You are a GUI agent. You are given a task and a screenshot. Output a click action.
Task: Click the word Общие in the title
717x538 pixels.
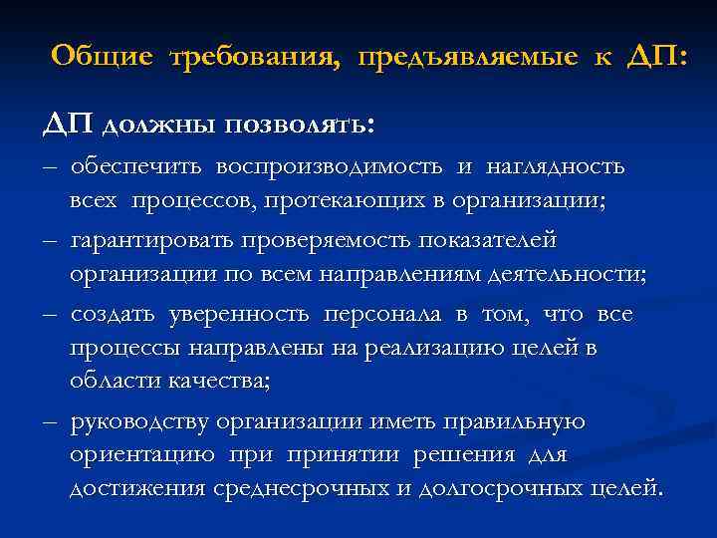click(103, 57)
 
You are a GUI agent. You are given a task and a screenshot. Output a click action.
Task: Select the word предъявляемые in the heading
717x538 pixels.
click(464, 58)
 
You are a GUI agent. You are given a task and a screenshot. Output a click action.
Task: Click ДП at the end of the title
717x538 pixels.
click(654, 57)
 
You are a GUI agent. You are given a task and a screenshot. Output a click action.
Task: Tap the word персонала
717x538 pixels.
click(382, 316)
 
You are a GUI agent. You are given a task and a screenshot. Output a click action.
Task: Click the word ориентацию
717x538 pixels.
click(142, 455)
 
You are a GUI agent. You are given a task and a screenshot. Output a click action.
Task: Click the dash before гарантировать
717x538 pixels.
click(50, 242)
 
